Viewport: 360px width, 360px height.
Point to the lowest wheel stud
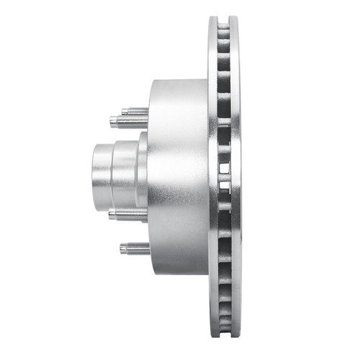point(135,249)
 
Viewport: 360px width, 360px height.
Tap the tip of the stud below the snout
point(111,213)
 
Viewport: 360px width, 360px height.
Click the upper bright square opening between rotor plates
point(224,168)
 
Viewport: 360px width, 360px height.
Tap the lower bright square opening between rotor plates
point(224,189)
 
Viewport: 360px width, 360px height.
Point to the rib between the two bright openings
point(224,179)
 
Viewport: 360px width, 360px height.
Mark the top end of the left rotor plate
point(215,19)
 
